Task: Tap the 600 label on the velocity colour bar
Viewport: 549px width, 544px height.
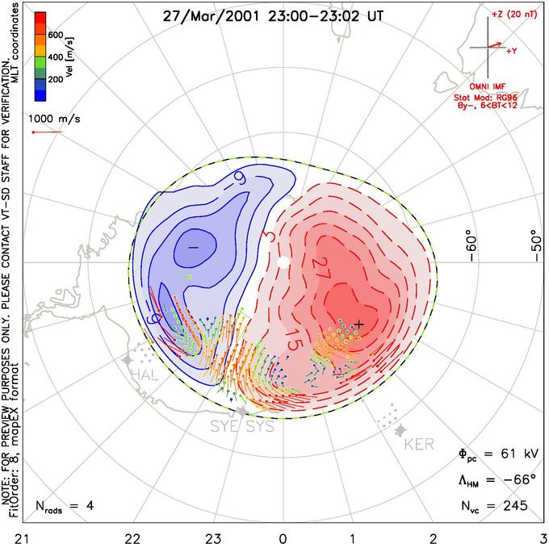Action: tap(56, 35)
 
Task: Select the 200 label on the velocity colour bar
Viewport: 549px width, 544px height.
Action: tap(56, 80)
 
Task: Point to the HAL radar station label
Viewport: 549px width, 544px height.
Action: tap(145, 375)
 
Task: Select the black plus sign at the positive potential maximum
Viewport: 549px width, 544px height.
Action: tap(359, 324)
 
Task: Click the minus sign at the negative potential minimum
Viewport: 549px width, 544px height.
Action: tap(193, 245)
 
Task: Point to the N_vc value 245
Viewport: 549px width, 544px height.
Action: tap(512, 506)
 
